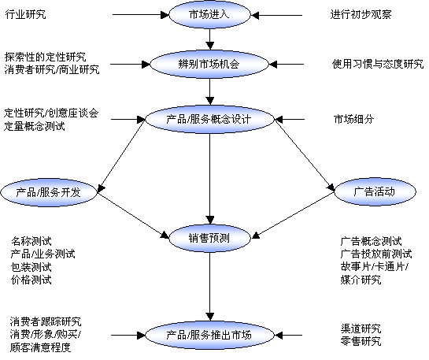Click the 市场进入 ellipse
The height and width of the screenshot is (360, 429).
tap(209, 14)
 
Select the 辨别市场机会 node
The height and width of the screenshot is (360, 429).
tap(209, 65)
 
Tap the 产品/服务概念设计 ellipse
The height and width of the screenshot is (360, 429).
tap(209, 120)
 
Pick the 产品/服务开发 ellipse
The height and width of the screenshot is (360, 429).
tap(49, 192)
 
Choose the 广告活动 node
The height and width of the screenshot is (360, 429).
tap(375, 191)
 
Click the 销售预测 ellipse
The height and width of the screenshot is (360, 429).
tap(209, 238)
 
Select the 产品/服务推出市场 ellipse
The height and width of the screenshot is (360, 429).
tap(209, 335)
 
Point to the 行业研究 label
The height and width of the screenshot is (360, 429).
tap(25, 14)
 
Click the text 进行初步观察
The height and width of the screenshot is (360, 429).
tap(361, 14)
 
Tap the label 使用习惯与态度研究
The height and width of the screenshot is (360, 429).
tap(378, 64)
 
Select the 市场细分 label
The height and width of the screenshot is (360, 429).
tap(353, 119)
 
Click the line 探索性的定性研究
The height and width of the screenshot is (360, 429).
tap(45, 58)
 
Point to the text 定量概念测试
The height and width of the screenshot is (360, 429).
tap(35, 126)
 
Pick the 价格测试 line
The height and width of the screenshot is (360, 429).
tap(31, 280)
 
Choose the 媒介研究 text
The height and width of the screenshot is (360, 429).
tap(361, 280)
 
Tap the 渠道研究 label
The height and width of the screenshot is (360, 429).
tap(361, 328)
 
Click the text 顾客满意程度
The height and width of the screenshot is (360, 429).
tap(40, 347)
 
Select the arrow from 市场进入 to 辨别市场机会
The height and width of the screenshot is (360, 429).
tap(210, 39)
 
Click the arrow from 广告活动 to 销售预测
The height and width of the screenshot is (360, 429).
tap(293, 216)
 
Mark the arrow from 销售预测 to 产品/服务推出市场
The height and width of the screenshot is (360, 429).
tap(210, 287)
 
